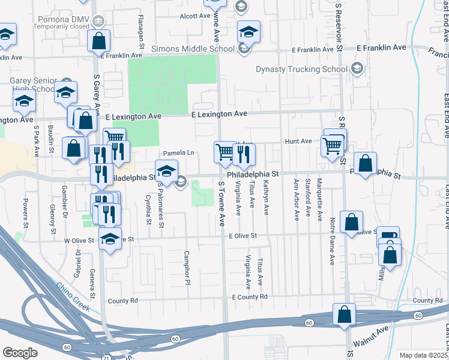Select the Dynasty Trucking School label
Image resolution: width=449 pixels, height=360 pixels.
(x=301, y=69)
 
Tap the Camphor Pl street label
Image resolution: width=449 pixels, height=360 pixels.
(x=187, y=267)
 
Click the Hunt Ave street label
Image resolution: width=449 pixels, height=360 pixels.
(x=298, y=142)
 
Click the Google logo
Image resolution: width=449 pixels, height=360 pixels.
(x=20, y=353)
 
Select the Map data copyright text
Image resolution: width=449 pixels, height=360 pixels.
(x=424, y=355)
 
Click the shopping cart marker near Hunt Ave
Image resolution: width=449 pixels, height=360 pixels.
(x=331, y=145)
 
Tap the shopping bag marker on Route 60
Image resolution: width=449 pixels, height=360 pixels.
(x=345, y=316)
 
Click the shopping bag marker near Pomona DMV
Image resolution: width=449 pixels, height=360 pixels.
(x=99, y=41)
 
